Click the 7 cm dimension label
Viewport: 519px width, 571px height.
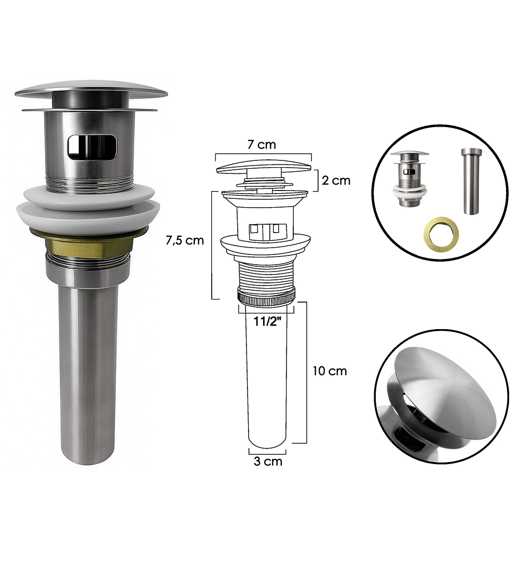pyautogui.click(x=262, y=145)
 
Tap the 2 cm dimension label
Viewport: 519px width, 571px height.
pyautogui.click(x=336, y=180)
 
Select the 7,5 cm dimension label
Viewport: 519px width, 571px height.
pyautogui.click(x=185, y=240)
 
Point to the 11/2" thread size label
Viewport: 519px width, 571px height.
pyautogui.click(x=267, y=321)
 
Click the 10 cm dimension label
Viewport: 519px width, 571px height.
pyautogui.click(x=330, y=371)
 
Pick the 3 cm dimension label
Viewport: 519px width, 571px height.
pyautogui.click(x=268, y=461)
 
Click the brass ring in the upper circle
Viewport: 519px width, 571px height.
pyautogui.click(x=441, y=234)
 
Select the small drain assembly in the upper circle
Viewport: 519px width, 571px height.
pyautogui.click(x=409, y=179)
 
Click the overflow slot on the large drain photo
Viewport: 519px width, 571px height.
pyautogui.click(x=92, y=147)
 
